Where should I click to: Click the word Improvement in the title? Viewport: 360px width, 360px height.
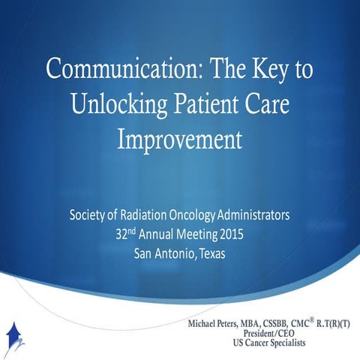click(x=179, y=139)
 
